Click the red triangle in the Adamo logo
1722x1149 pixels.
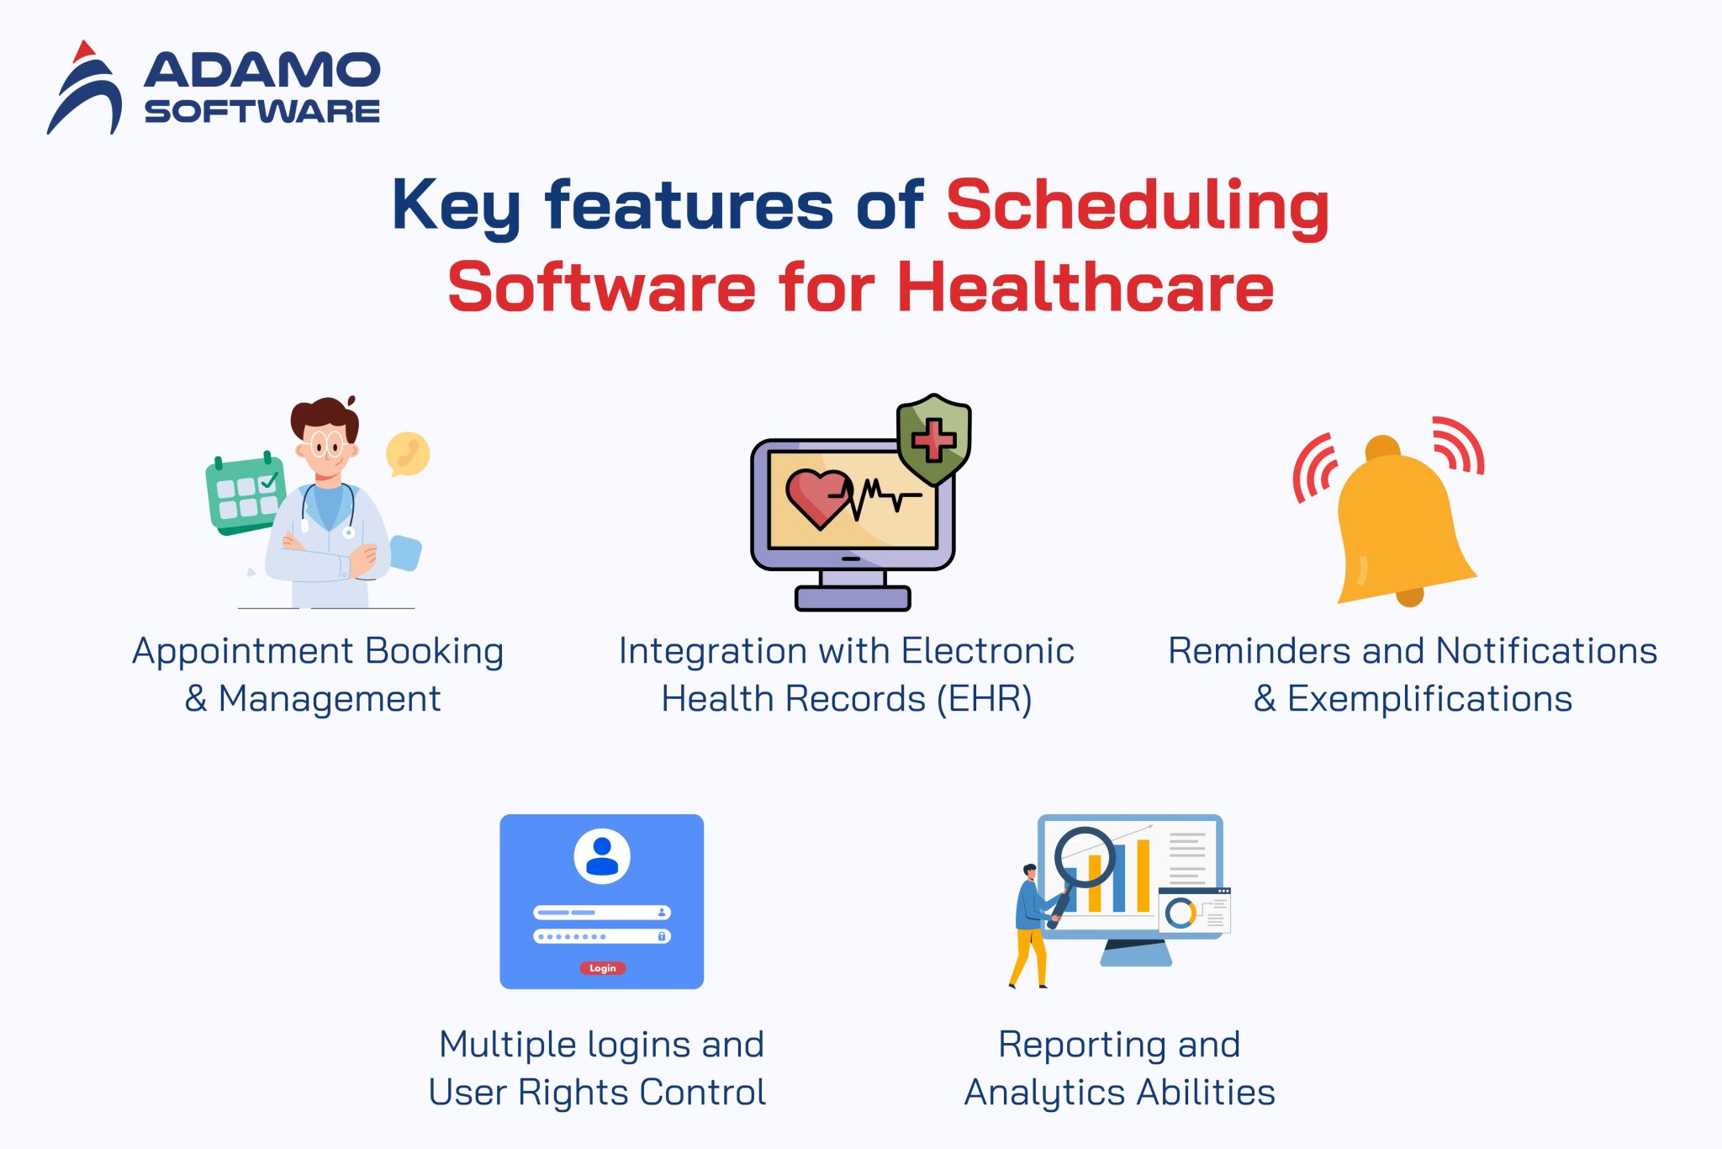(x=83, y=52)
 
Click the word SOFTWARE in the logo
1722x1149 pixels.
(x=261, y=111)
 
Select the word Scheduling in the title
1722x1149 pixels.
(x=1137, y=205)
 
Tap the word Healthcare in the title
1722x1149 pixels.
(x=1085, y=288)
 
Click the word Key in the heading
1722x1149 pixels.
(x=456, y=205)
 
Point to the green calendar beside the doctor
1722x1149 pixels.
(x=245, y=495)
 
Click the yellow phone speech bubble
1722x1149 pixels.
(x=408, y=454)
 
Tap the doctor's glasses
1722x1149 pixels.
(x=326, y=443)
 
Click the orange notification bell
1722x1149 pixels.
(x=1400, y=522)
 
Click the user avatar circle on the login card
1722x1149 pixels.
(x=602, y=856)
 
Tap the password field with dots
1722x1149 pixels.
(x=602, y=936)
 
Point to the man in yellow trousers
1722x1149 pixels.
(x=1030, y=925)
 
